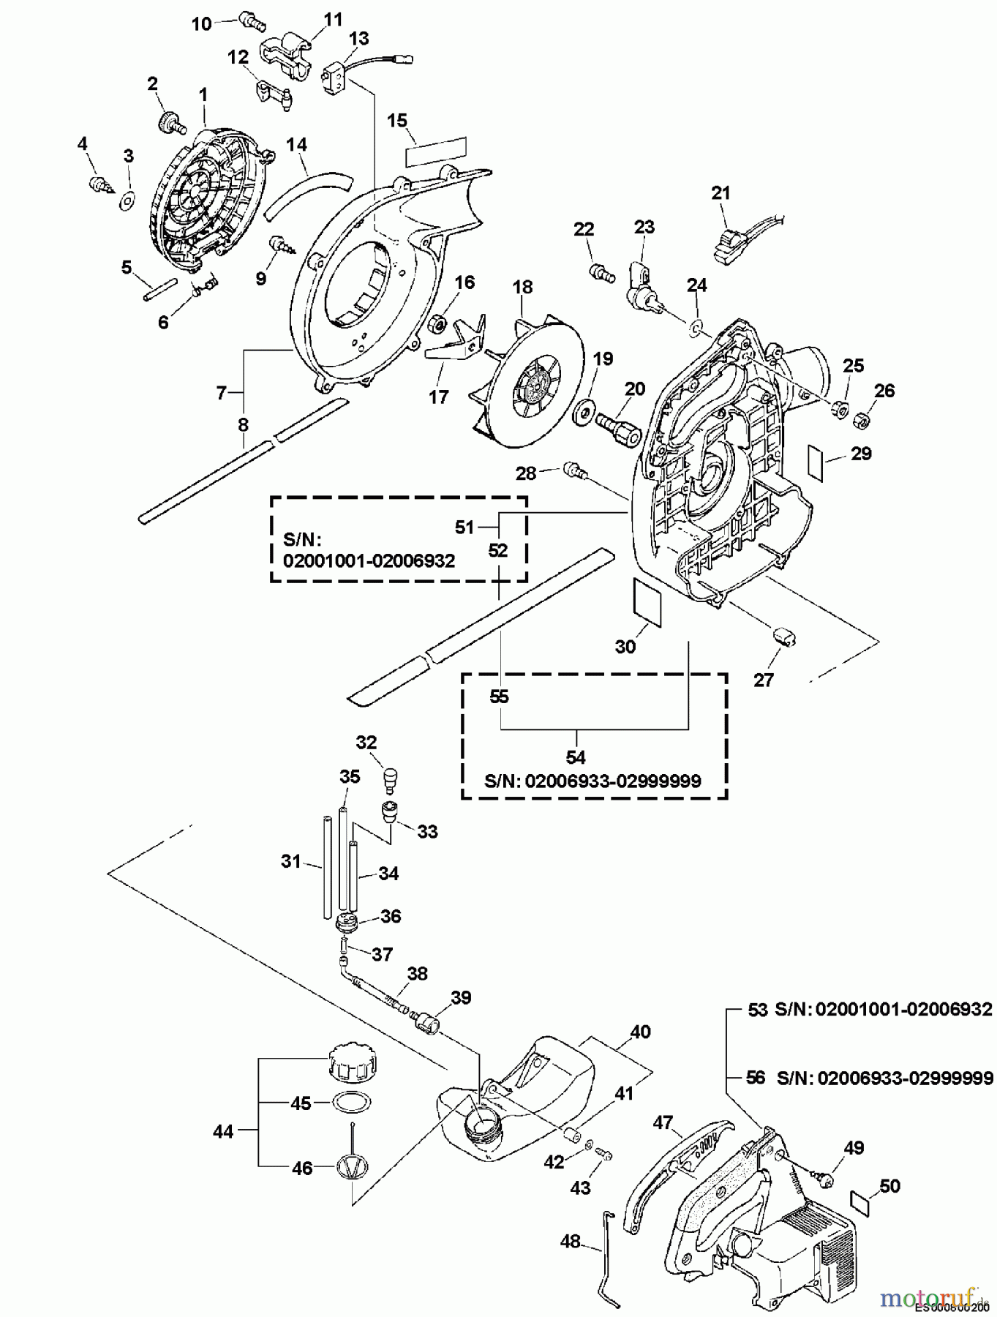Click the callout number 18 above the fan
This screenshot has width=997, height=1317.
(523, 288)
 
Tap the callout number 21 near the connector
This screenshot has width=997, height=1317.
(721, 193)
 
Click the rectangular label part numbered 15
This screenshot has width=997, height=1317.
(436, 147)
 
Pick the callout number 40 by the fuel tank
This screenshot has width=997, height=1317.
(640, 1032)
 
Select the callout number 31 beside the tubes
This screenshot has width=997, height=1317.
(291, 862)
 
